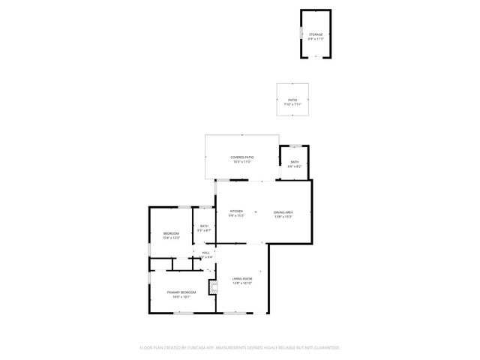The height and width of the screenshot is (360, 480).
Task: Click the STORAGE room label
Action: click(315, 34)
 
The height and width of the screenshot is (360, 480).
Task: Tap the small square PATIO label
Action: click(292, 100)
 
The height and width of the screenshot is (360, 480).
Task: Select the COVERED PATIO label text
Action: click(241, 157)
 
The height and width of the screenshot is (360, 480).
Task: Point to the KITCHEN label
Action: click(236, 212)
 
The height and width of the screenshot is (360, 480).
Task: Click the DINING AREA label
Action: click(283, 212)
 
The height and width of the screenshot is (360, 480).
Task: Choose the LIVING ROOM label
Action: click(241, 279)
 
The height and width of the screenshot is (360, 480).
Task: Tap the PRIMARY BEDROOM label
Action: click(181, 292)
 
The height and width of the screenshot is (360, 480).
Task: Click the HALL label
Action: click(206, 253)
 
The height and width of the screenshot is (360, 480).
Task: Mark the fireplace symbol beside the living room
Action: click(213, 285)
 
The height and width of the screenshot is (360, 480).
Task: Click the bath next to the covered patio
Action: click(295, 163)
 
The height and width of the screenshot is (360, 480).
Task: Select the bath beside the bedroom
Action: click(203, 228)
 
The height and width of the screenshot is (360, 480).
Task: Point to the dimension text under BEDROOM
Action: click(171, 238)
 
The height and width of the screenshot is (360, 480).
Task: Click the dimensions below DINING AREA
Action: click(283, 217)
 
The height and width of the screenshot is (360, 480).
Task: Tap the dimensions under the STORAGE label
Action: click(315, 38)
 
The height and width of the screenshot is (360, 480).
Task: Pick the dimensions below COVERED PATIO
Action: click(241, 161)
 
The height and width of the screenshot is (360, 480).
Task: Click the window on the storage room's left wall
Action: click(301, 34)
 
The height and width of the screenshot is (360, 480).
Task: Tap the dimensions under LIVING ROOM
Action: click(241, 283)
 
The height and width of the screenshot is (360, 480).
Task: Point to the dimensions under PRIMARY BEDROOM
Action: click(181, 296)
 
